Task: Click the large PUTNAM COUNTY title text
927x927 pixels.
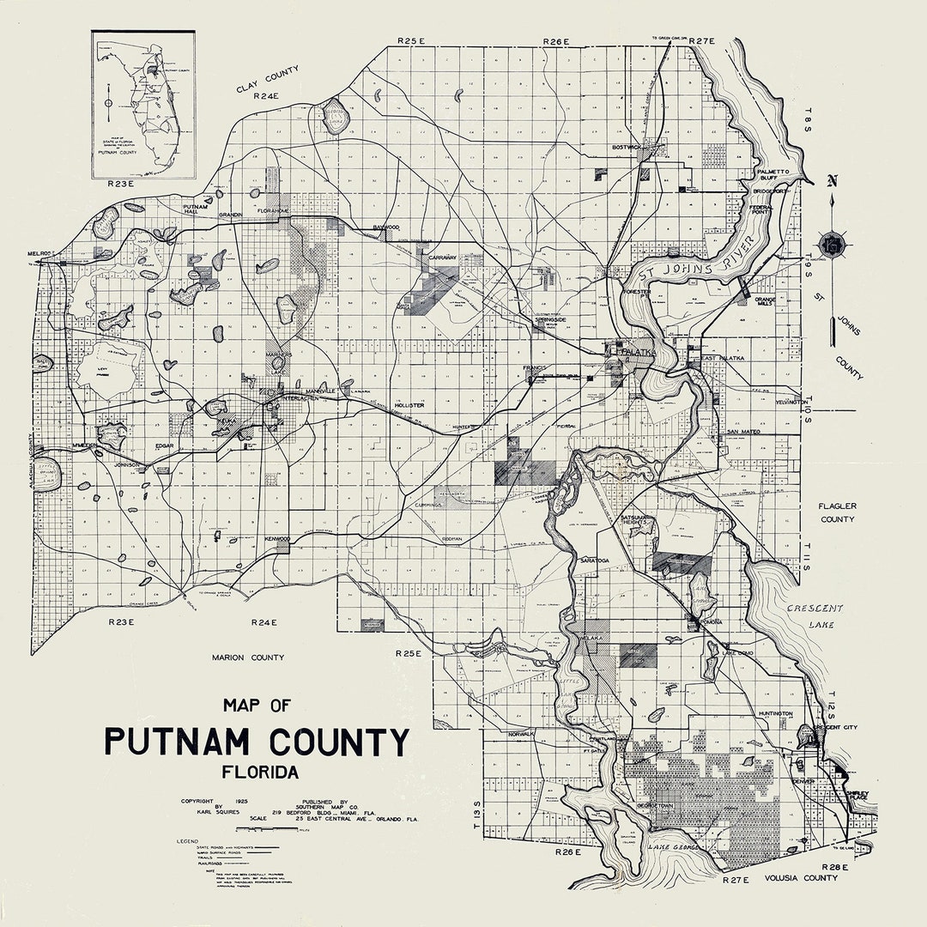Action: click(257, 740)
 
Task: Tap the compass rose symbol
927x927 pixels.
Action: click(832, 245)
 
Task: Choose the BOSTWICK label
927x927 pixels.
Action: click(626, 148)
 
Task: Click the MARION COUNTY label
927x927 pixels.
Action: click(247, 657)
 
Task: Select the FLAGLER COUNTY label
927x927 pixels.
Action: click(837, 512)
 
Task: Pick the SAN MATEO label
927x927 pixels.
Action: click(744, 432)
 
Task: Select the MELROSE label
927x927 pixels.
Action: click(40, 254)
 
